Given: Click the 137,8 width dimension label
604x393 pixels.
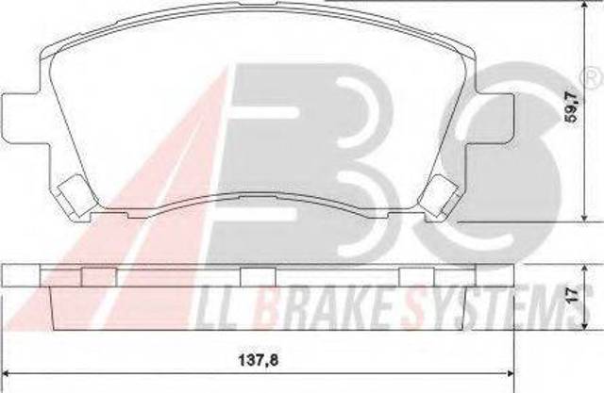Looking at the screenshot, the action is click(x=258, y=361).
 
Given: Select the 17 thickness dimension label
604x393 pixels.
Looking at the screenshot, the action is click(x=573, y=295).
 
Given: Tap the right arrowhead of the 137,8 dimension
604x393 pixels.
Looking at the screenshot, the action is click(x=511, y=373).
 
